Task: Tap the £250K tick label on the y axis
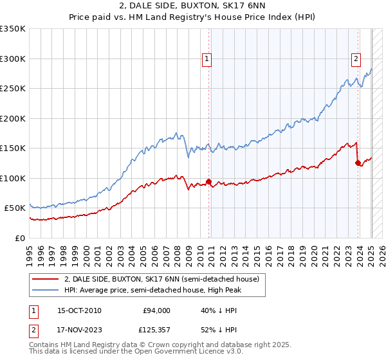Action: click(x=13, y=88)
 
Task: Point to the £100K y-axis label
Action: click(x=13, y=178)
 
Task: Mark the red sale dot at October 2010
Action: click(x=208, y=181)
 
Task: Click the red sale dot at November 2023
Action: click(x=358, y=163)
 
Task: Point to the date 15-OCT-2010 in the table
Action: click(x=79, y=310)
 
